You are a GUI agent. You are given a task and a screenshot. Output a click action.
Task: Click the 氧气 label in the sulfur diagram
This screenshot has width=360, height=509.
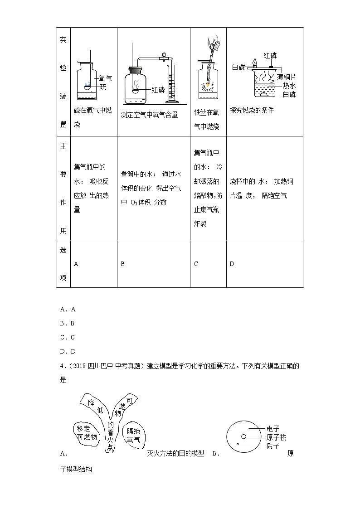[106, 78]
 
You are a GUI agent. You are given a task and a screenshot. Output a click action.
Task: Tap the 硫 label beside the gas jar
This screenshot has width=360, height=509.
[103, 87]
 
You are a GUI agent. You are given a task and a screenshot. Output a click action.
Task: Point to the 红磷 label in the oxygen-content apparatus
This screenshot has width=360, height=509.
[158, 90]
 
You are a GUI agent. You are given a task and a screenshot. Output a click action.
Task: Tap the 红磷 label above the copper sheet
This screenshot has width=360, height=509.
[270, 55]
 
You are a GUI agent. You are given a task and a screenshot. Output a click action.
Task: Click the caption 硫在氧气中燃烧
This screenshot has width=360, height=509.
[92, 117]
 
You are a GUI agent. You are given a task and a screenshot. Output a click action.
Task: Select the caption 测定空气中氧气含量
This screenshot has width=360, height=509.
[149, 115]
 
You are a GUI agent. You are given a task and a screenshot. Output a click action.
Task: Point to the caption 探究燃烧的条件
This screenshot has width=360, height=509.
[252, 110]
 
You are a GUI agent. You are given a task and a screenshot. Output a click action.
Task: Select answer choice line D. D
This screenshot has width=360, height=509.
[68, 351]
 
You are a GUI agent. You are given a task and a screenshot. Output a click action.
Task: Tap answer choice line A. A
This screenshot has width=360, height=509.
[68, 309]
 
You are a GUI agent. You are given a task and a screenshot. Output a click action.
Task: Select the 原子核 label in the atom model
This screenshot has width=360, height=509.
[276, 437]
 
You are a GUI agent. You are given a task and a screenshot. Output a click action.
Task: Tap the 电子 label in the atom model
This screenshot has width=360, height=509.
[273, 429]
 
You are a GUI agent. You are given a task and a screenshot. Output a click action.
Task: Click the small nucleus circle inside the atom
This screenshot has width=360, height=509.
[244, 437]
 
